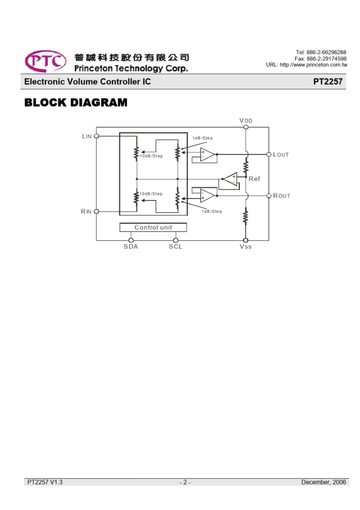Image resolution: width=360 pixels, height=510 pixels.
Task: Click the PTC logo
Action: tap(45, 61)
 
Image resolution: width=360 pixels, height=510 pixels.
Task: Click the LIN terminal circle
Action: tap(96, 136)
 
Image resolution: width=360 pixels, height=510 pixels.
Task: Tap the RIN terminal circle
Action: tap(96, 212)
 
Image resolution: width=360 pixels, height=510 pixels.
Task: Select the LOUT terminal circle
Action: tap(269, 155)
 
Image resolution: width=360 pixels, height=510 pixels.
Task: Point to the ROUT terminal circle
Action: tap(269, 196)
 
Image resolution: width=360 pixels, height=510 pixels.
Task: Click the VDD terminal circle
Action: tap(246, 127)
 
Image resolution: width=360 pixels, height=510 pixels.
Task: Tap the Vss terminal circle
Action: tap(246, 240)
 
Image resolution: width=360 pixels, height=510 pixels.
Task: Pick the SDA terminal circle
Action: tap(131, 240)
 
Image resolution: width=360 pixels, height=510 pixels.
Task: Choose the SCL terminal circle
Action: tap(175, 240)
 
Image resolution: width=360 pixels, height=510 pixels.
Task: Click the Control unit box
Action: tap(153, 227)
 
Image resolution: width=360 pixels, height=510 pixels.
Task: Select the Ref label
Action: tap(254, 179)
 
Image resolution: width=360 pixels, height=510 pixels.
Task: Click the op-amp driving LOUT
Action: tap(207, 154)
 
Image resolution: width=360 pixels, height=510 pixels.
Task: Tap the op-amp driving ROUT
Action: tap(207, 196)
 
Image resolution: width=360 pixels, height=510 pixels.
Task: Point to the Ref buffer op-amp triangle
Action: tap(230, 179)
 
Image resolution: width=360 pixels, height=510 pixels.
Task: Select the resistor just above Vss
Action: tap(245, 216)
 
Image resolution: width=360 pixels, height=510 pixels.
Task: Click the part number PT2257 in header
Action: tap(328, 82)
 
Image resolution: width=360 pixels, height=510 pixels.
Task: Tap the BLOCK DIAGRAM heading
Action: tap(76, 102)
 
